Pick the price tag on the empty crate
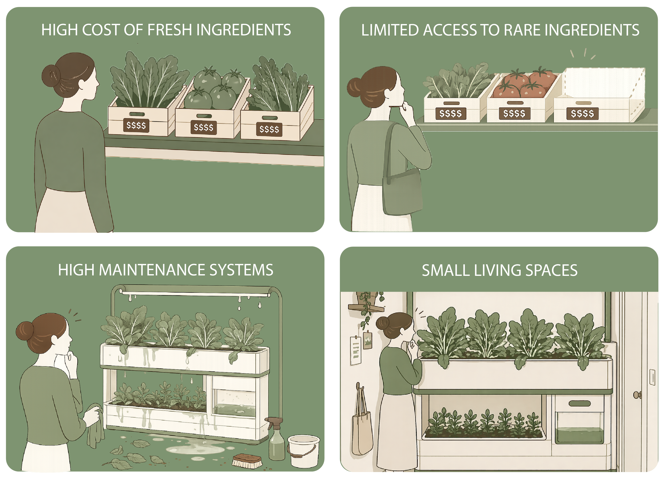pyautogui.click(x=582, y=114)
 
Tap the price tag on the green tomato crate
pyautogui.click(x=203, y=127)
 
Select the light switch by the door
pyautogui.click(x=652, y=377)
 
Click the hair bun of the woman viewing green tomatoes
pyautogui.click(x=51, y=76)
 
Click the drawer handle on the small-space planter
pyautogui.click(x=579, y=403)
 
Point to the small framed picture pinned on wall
pyautogui.click(x=368, y=340)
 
